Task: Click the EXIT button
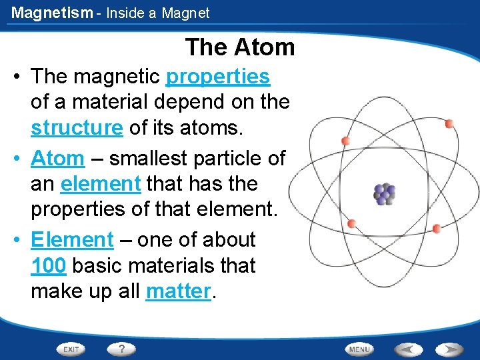[71, 349]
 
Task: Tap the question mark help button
[121, 349]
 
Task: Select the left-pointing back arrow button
[408, 349]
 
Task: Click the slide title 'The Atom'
[240, 47]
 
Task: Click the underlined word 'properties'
[218, 77]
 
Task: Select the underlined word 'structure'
[77, 127]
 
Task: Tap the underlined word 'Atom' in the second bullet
[57, 159]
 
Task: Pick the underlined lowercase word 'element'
[101, 183]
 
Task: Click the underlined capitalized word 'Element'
[73, 239]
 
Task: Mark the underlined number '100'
[49, 265]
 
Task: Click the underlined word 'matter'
[178, 291]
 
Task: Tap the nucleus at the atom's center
[385, 194]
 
